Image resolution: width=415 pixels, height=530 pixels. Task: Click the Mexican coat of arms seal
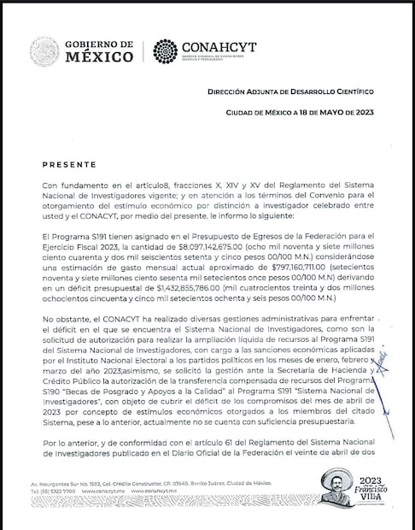tap(44, 52)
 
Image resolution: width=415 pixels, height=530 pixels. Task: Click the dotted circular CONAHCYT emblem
tap(165, 51)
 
